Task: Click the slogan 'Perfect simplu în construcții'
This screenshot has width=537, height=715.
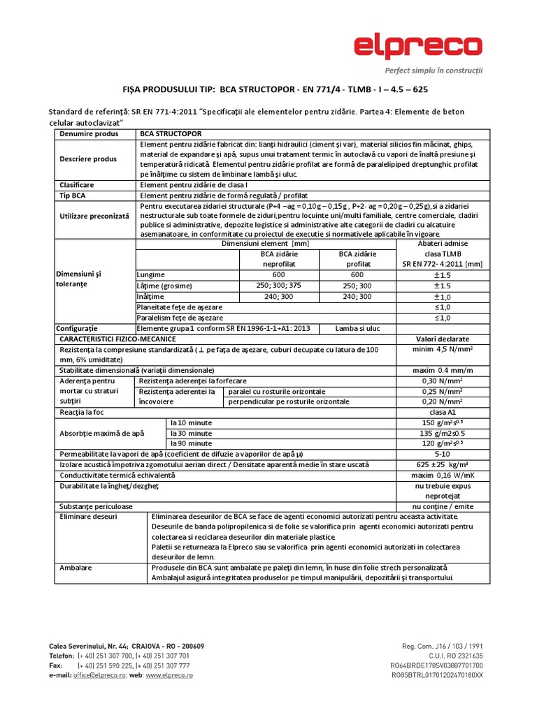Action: click(434, 71)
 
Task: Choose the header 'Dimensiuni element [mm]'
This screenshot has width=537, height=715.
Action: click(265, 244)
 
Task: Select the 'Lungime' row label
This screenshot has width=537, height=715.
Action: click(152, 275)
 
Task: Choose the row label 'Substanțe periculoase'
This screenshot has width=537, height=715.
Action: click(96, 506)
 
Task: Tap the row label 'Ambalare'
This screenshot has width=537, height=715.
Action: click(76, 568)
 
